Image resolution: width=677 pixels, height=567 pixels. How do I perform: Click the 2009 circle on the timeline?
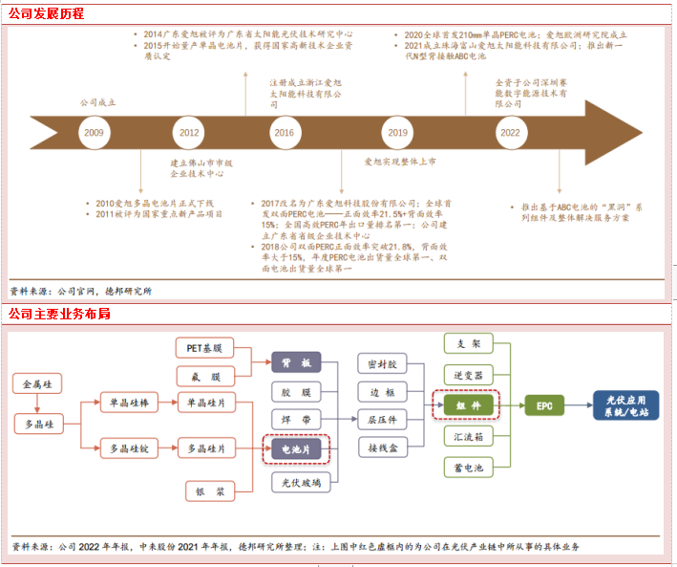click(94, 133)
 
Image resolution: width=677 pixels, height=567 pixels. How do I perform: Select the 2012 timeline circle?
click(189, 133)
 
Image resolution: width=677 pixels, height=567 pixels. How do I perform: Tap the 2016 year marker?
click(284, 133)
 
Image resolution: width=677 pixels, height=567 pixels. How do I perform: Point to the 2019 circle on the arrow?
click(397, 133)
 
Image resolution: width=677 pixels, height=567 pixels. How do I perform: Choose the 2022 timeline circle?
click(511, 133)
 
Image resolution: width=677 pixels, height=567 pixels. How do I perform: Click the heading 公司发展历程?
click(46, 13)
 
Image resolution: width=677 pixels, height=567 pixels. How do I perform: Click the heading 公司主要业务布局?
click(59, 314)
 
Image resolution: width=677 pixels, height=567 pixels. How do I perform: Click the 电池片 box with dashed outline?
click(295, 447)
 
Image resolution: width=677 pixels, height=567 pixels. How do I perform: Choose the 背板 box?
click(295, 362)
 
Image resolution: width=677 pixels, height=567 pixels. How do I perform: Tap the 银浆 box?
click(207, 491)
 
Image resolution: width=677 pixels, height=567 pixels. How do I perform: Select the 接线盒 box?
click(384, 447)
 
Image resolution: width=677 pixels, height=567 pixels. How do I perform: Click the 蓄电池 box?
click(469, 468)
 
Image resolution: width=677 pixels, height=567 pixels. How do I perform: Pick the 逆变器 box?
click(469, 374)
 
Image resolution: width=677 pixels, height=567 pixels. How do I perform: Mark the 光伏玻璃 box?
click(295, 483)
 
